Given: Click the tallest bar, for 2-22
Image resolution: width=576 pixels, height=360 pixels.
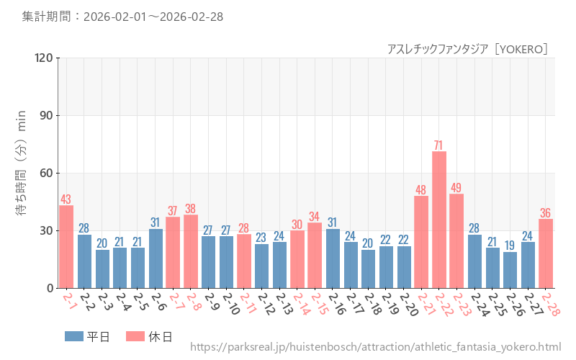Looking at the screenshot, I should (439, 220).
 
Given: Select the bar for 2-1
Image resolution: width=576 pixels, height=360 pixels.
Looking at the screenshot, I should (66, 246).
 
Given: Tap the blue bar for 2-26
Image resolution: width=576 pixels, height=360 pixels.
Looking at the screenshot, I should (510, 270).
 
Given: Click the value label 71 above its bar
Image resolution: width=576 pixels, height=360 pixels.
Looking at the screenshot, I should (438, 145).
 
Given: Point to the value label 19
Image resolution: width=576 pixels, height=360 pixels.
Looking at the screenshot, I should (510, 246).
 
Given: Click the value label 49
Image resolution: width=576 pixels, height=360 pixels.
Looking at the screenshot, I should (456, 188).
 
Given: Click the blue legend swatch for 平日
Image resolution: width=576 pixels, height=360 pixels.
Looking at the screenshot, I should (74, 336).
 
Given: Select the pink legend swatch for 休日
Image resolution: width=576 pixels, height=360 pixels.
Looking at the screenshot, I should (135, 336).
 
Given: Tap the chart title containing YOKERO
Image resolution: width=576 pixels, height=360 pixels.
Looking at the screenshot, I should (468, 49).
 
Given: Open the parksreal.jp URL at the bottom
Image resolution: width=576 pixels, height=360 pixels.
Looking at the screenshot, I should (375, 347).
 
